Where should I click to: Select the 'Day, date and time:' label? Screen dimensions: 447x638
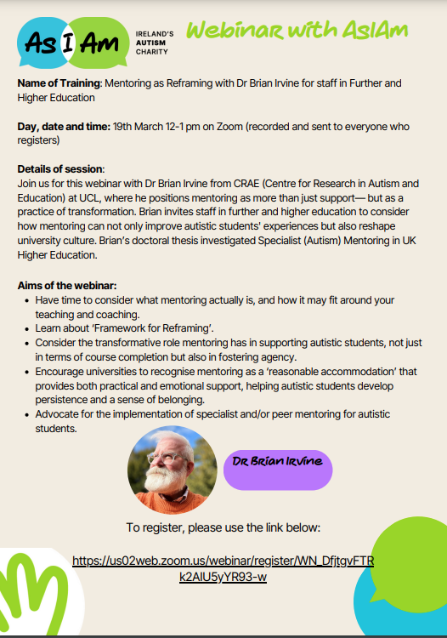tap(62, 127)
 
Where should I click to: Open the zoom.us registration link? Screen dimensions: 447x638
tap(223, 569)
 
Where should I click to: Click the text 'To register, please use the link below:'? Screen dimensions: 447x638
tap(223, 527)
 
